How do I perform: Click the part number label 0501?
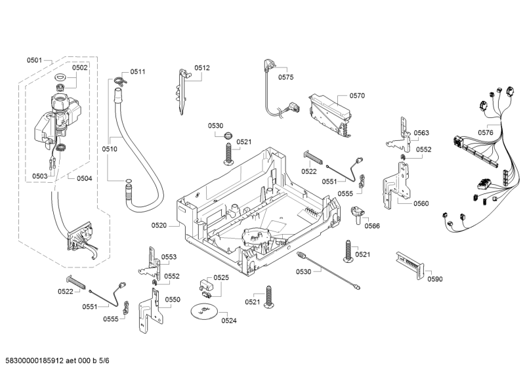34,60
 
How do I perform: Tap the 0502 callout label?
79,68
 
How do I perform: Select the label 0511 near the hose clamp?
138,71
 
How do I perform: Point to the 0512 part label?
202,68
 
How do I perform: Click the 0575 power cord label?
285,77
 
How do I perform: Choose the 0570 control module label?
357,96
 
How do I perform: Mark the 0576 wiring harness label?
486,132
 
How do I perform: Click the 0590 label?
435,279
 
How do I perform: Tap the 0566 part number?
372,226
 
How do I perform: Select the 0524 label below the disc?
229,321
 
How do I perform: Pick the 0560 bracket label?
421,203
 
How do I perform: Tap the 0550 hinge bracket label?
173,299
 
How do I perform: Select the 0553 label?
169,257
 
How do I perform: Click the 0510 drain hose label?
110,149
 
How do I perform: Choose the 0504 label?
84,178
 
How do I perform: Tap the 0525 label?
221,277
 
